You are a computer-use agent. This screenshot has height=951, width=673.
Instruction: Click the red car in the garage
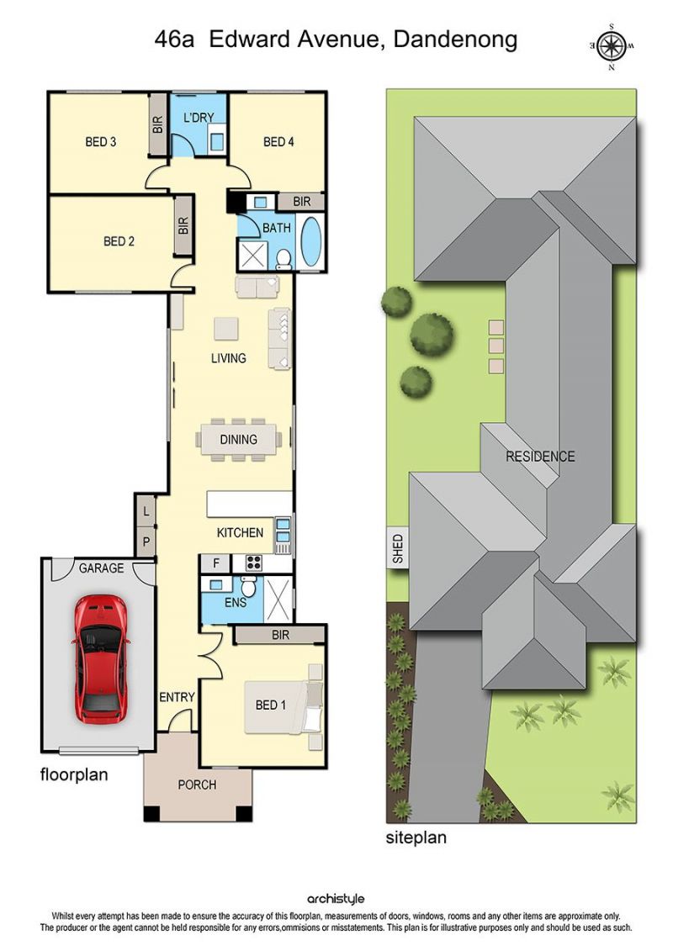pyautogui.click(x=101, y=658)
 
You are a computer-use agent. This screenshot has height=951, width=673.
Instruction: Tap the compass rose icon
pyautogui.click(x=612, y=45)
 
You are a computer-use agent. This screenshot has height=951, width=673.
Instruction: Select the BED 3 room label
pyautogui.click(x=101, y=142)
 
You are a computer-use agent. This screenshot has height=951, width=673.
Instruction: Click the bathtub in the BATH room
pyautogui.click(x=310, y=240)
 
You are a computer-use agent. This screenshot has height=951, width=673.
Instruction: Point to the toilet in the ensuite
pyautogui.click(x=249, y=586)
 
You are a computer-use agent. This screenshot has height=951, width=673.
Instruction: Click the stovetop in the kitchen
pyautogui.click(x=254, y=563)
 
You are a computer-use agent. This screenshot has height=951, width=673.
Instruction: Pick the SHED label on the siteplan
pyautogui.click(x=397, y=548)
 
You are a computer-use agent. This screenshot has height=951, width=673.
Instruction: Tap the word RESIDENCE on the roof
pyautogui.click(x=540, y=457)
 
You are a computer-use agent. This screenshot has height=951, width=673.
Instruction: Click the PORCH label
pyautogui.click(x=197, y=785)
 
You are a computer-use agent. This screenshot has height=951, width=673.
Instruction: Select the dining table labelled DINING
pyautogui.click(x=238, y=439)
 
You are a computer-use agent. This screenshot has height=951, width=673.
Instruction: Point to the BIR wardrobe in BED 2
pyautogui.click(x=183, y=225)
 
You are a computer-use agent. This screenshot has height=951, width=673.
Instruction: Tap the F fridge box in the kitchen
pyautogui.click(x=216, y=563)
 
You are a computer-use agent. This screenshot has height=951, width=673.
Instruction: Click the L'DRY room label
pyautogui.click(x=199, y=118)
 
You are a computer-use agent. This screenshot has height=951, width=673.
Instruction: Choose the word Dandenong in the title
pyautogui.click(x=456, y=40)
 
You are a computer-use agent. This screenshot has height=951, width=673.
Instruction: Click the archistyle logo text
pyautogui.click(x=336, y=899)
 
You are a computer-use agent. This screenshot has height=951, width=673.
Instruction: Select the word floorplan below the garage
pyautogui.click(x=74, y=775)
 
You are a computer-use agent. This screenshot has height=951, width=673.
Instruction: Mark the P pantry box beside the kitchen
pyautogui.click(x=146, y=542)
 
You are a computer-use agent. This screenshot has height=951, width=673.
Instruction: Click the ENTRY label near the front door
pyautogui.click(x=178, y=697)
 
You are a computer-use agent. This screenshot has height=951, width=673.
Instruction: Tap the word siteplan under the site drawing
pyautogui.click(x=416, y=838)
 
